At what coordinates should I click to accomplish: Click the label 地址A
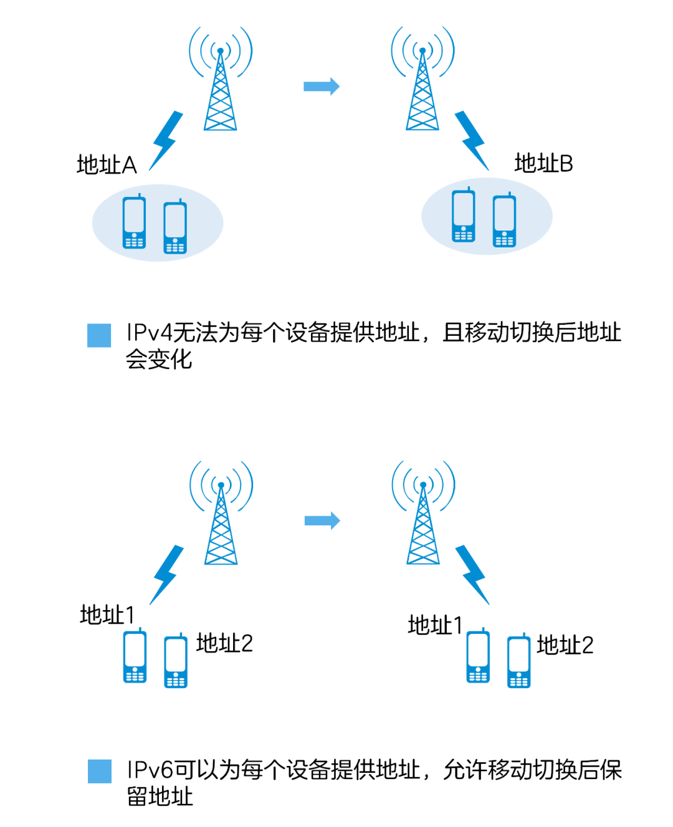[107, 165]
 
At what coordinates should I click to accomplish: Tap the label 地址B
[543, 164]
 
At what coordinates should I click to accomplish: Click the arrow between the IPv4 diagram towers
[322, 87]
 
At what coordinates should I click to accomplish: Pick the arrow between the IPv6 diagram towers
[322, 520]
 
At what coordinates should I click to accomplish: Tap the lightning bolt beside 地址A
[166, 140]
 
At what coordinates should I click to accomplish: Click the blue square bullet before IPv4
[99, 335]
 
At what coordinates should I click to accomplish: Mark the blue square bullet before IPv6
[100, 772]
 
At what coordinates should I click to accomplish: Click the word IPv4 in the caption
[149, 333]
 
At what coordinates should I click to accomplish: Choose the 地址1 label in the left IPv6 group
[107, 615]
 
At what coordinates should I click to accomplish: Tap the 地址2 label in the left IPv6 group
[224, 643]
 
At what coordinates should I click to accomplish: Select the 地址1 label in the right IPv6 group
[435, 625]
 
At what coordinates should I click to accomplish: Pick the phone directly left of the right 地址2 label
[518, 661]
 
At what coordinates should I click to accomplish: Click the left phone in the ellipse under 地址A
[134, 222]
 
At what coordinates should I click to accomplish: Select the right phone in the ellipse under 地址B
[504, 221]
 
